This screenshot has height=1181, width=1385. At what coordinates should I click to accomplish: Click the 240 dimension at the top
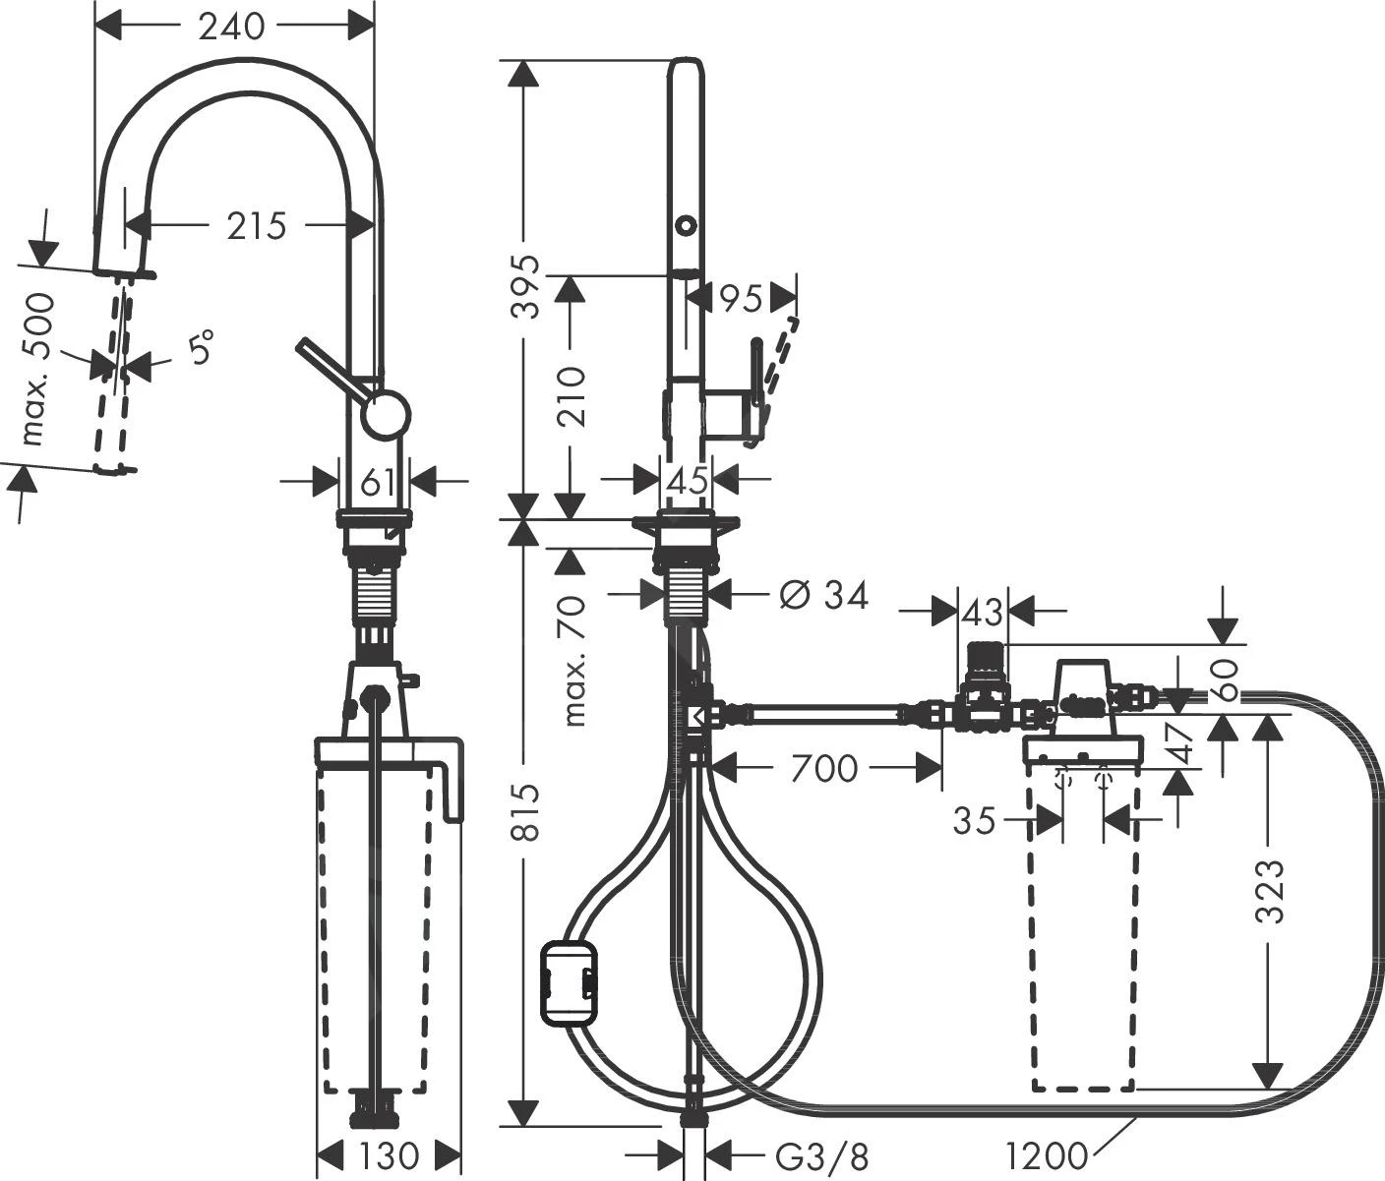[x=232, y=27]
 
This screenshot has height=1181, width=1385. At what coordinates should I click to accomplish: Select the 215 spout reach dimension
[x=256, y=226]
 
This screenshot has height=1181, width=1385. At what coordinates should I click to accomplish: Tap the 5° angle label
[x=200, y=349]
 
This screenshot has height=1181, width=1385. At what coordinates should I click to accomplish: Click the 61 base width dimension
[x=378, y=482]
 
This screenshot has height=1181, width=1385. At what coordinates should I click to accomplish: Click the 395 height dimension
[x=528, y=286]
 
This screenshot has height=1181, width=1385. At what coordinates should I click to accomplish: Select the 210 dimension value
[x=570, y=396]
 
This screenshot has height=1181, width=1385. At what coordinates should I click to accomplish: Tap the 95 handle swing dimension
[x=742, y=298]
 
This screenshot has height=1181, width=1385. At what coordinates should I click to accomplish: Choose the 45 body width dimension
[x=688, y=481]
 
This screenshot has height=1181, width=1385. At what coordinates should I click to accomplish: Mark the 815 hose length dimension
[x=528, y=812]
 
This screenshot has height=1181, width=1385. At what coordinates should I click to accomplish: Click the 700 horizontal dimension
[x=822, y=768]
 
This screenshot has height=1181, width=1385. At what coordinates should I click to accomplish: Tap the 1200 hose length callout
[x=1049, y=1154]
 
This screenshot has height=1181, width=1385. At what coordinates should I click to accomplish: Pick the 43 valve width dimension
[x=982, y=613]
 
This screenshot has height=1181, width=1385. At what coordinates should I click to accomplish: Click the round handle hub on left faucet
[x=385, y=413]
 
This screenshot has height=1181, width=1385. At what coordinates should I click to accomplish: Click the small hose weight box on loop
[x=568, y=982]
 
